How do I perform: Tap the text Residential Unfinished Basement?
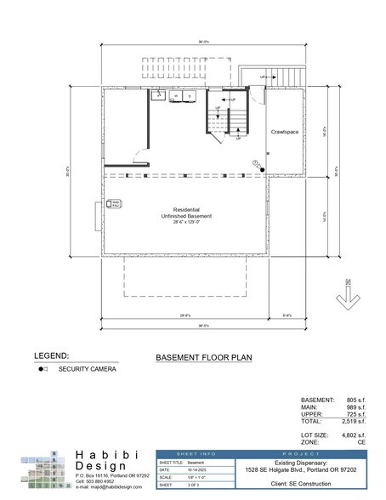tap(192, 213)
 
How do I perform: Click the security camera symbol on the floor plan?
tap(262, 168)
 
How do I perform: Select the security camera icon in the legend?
tap(41, 370)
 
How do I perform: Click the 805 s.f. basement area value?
tap(355, 400)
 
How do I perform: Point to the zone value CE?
tap(361, 441)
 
